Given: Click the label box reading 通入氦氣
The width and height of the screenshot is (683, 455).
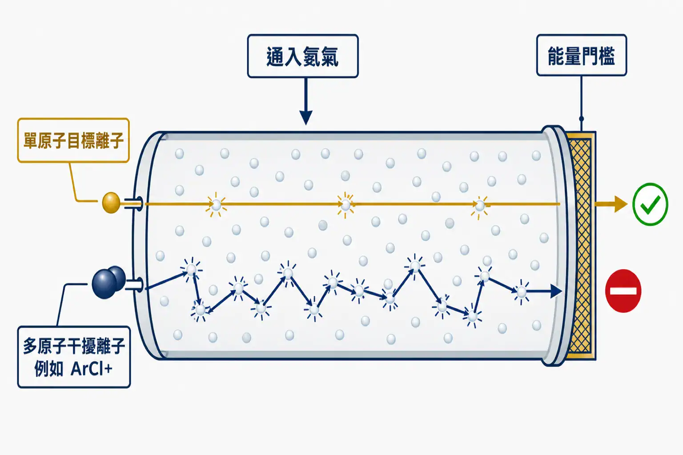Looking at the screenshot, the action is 303,56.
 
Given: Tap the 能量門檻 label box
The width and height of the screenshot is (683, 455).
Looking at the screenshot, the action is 582,55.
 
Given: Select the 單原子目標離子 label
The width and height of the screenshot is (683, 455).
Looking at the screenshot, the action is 73,140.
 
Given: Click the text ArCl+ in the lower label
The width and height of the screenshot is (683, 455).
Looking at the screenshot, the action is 92,369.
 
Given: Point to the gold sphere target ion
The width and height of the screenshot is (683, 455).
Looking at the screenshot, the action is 111,202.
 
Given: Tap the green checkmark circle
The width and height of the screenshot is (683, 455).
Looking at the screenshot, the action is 651,204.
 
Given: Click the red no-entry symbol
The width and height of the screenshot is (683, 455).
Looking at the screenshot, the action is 623,291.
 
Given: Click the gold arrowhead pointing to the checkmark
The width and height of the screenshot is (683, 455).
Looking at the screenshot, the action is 621,204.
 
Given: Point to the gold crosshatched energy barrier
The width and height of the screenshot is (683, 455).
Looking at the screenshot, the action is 581,246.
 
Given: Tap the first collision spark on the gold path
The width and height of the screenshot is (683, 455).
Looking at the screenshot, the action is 216,204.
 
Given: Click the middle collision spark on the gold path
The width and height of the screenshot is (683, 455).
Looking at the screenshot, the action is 346,205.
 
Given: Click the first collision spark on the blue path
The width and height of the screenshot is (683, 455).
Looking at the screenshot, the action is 191,269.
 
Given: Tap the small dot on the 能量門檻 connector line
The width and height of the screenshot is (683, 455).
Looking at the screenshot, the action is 582,119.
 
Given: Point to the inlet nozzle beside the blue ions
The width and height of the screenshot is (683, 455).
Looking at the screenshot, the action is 133,285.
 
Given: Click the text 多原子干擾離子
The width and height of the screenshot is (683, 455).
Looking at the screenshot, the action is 74,346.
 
